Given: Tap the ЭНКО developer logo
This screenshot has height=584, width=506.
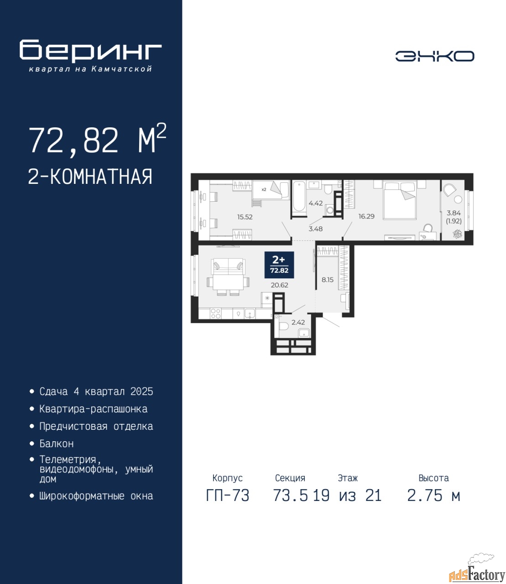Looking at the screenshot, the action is click(x=434, y=56).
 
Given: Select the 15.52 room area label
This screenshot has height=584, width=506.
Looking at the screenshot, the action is click(x=245, y=217).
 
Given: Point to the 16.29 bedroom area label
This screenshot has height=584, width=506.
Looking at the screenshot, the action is click(x=366, y=216).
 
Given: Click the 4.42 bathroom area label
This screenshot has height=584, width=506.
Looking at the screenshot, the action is click(x=316, y=203).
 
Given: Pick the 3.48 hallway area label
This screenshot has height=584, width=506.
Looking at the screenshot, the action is click(x=316, y=229).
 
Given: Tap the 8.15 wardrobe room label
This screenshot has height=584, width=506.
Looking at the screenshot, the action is click(x=328, y=280).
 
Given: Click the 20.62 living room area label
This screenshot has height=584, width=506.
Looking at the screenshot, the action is click(x=279, y=285).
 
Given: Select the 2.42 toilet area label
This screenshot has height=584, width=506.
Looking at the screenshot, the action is click(x=298, y=323).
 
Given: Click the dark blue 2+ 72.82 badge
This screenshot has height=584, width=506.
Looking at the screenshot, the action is click(x=279, y=265).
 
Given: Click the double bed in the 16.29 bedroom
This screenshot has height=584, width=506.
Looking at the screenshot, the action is click(x=400, y=200).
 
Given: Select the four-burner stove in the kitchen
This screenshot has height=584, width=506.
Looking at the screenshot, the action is click(x=215, y=313).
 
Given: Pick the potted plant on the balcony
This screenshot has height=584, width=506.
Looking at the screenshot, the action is click(x=457, y=234).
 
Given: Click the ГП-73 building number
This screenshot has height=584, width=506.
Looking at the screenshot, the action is click(x=228, y=495).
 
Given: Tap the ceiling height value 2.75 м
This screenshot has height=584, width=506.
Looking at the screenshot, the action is click(x=433, y=495).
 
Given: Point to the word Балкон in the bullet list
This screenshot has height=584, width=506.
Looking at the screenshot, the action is click(x=57, y=443).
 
